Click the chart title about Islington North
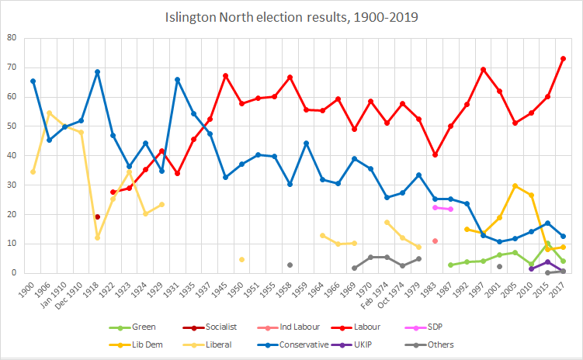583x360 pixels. (291, 16)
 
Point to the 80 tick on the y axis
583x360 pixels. (13, 38)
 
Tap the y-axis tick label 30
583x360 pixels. (13, 185)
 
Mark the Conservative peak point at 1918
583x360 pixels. (97, 72)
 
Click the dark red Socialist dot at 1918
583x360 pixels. (97, 216)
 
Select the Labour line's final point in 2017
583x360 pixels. (563, 59)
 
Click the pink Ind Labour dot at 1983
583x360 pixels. (435, 241)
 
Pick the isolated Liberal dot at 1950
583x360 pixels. (241, 259)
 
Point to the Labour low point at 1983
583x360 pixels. (435, 155)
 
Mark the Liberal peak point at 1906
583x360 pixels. (49, 113)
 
